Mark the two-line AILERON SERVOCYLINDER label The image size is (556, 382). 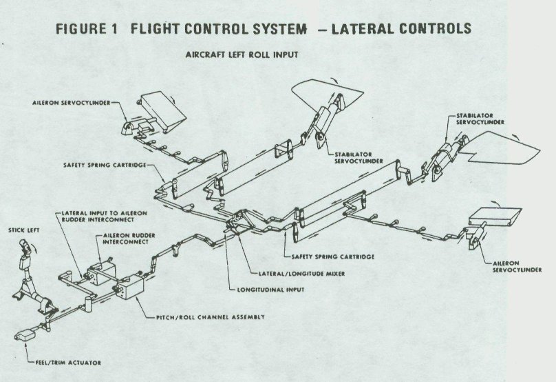tap(513, 267)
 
